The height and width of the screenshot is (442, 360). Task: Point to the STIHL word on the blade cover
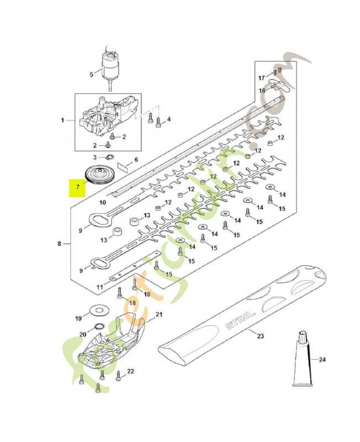click(240, 321)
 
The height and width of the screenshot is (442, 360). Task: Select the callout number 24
click(322, 360)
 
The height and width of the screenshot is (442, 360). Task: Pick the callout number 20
click(83, 334)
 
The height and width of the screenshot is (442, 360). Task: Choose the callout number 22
click(130, 371)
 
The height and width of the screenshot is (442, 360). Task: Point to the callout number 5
click(92, 74)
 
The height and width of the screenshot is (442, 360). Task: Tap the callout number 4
click(168, 119)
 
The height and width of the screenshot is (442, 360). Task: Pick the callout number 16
click(263, 90)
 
